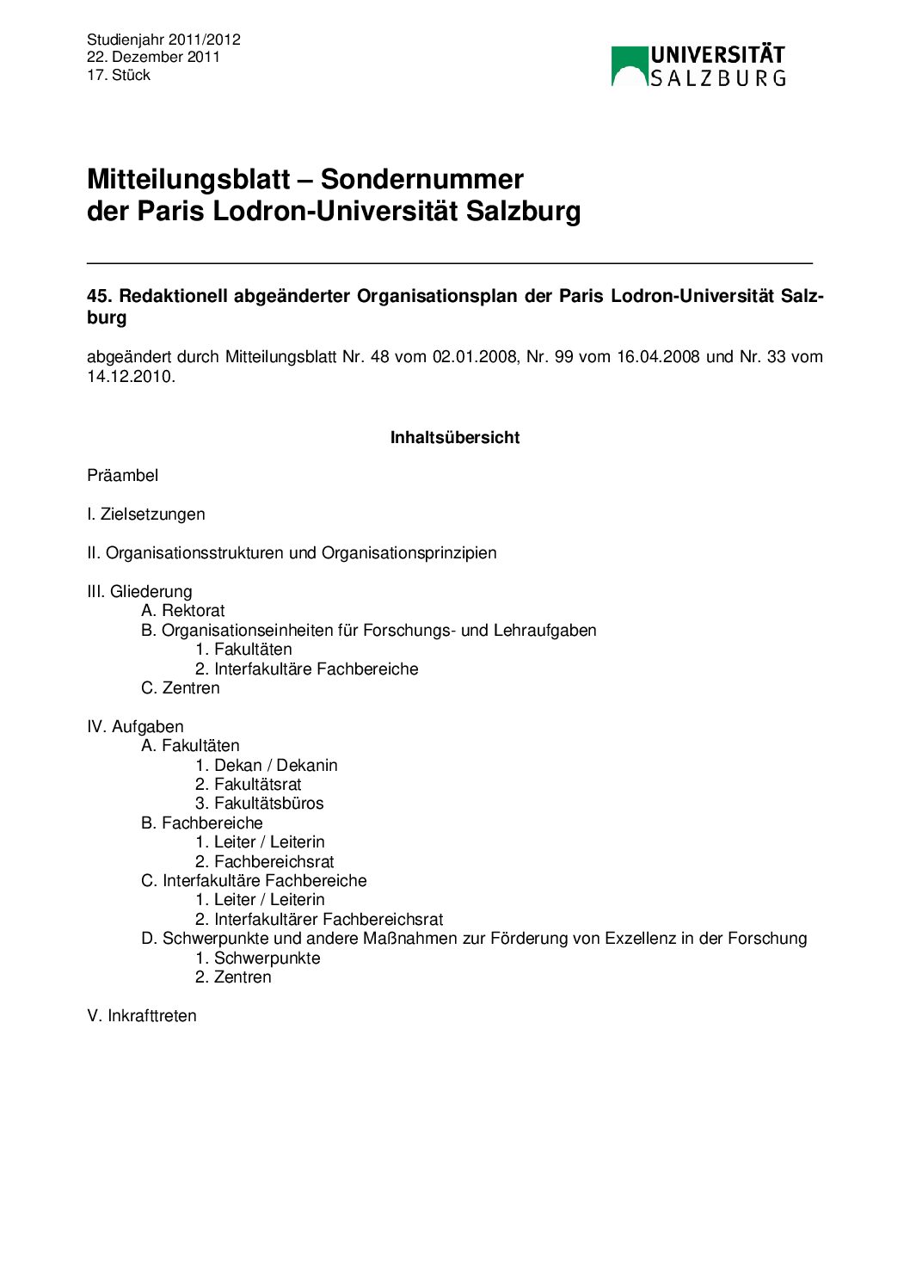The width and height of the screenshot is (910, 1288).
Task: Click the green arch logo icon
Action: tap(629, 66)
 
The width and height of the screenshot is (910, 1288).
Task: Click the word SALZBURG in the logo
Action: tap(717, 78)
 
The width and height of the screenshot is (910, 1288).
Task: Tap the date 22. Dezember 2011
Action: tap(153, 57)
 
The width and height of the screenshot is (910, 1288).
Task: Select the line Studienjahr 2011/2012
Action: tap(163, 40)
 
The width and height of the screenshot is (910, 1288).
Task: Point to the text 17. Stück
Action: tap(119, 75)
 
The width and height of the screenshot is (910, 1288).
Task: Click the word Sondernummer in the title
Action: tap(421, 179)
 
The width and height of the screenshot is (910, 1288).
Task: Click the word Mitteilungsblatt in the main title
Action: tap(188, 179)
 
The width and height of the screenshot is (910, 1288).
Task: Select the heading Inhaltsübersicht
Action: tap(455, 437)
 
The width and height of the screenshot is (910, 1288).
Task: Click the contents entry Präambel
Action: tap(123, 475)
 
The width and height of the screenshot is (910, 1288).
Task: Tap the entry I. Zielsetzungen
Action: tap(146, 514)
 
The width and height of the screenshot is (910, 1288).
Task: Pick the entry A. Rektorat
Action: tap(183, 610)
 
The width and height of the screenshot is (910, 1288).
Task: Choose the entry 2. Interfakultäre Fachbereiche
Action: tap(307, 669)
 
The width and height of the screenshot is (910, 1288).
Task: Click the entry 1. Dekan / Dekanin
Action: tap(267, 765)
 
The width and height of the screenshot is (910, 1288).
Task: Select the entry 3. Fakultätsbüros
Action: tap(260, 803)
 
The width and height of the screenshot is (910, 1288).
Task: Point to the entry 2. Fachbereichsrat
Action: tap(265, 861)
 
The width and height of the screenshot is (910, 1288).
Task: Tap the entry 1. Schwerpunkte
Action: tap(258, 958)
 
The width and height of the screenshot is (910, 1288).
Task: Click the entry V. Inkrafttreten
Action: tap(142, 1015)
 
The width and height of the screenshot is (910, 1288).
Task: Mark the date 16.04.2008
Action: tap(658, 356)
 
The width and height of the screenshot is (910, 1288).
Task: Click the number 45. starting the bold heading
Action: tap(99, 296)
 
